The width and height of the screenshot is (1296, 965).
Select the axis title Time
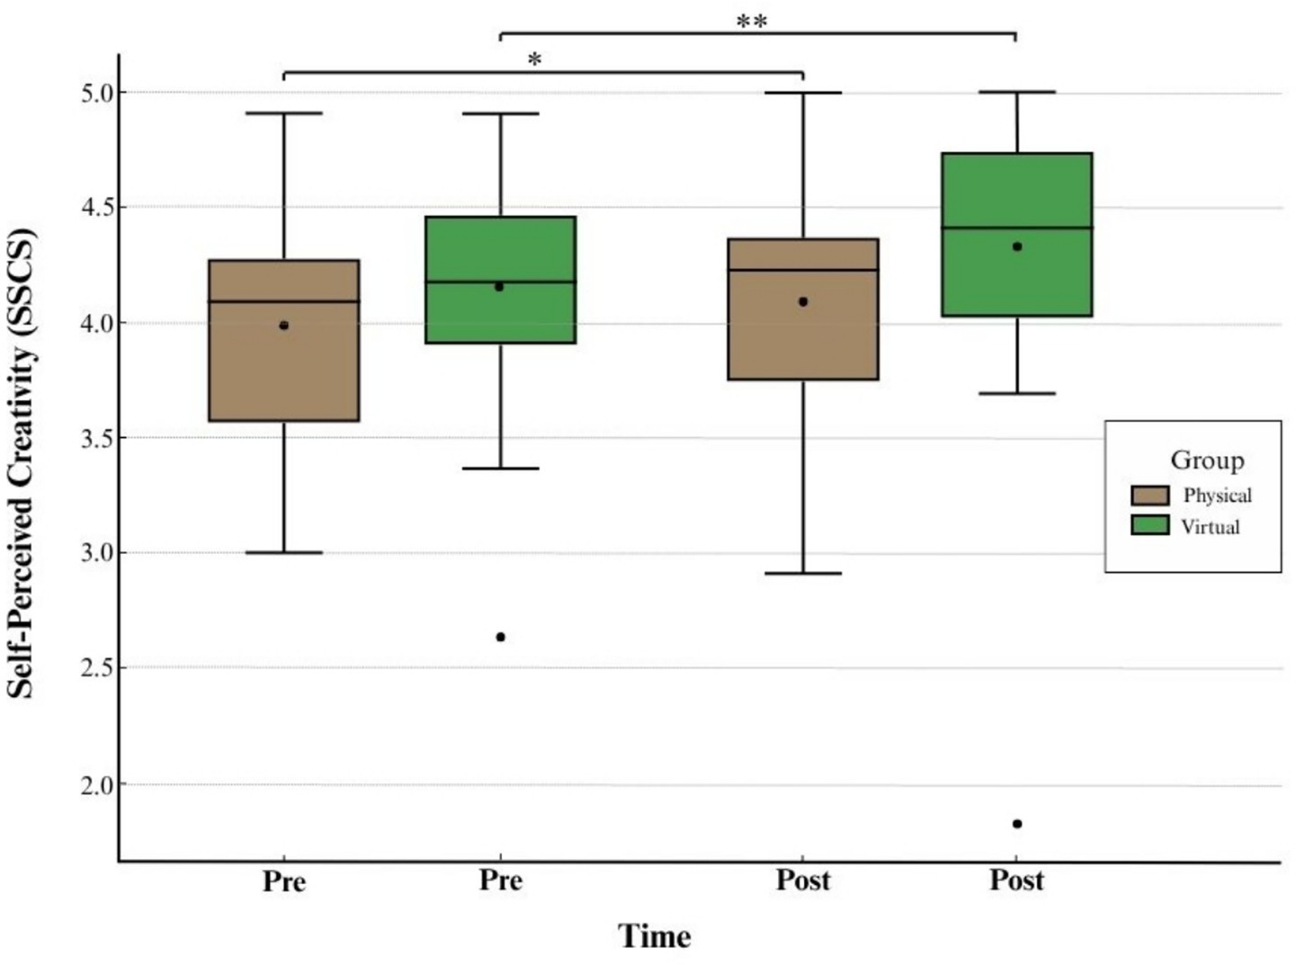[x=655, y=936]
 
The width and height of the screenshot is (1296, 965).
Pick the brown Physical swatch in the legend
[x=1149, y=496]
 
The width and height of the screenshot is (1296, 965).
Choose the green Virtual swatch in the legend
[x=1149, y=526]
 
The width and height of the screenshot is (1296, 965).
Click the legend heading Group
[x=1206, y=460]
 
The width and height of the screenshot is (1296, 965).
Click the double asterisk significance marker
[x=752, y=22]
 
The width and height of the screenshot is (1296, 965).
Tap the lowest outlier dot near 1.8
[x=1017, y=824]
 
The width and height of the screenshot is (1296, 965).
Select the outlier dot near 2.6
[x=501, y=637]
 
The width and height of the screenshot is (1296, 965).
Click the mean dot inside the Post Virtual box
[x=1017, y=246]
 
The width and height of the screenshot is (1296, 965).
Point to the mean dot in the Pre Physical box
[x=284, y=326]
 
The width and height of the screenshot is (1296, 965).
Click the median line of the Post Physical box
[x=803, y=270]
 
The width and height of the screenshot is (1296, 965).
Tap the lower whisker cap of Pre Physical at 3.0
[x=284, y=552]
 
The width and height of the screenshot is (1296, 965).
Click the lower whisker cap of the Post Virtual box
[x=1017, y=394]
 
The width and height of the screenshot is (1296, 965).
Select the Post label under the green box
[x=1017, y=880]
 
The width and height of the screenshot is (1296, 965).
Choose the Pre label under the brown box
[x=284, y=881]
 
